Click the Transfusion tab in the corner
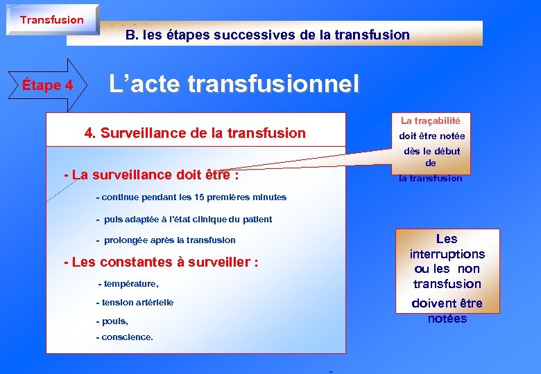coord(52,19)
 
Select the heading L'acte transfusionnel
coord(234,84)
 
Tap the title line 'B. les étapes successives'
coord(267,35)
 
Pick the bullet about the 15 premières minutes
coord(191,197)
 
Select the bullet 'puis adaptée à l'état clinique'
coord(184,220)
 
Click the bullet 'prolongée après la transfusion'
coord(166,240)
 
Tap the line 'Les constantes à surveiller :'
coord(161,262)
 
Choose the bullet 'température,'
coord(129,284)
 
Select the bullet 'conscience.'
coord(125,338)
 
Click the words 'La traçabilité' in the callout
coord(431,121)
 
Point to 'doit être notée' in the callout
coord(431,136)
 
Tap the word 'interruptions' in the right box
coord(447,254)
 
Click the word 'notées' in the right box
coord(447,319)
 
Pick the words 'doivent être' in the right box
coord(447,303)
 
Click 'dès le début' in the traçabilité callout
coord(431,151)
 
